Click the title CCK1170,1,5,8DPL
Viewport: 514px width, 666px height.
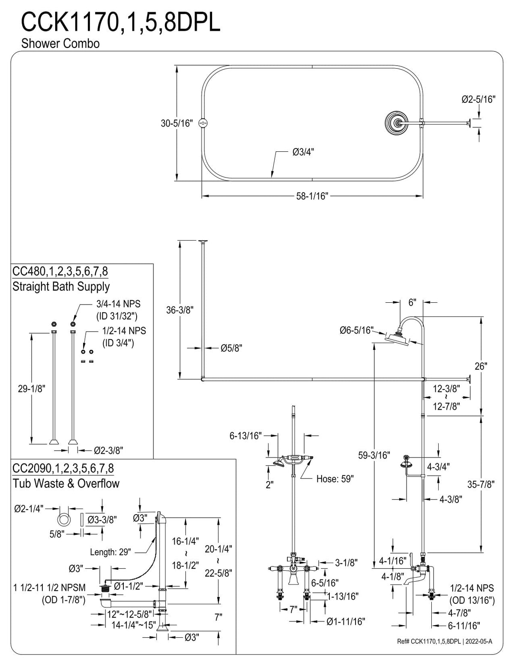click(121, 22)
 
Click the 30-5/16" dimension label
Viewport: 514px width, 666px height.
click(177, 123)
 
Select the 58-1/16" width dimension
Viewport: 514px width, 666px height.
click(312, 196)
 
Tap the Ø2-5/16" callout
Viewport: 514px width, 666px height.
click(478, 99)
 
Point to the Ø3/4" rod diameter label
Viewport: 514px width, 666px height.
click(303, 152)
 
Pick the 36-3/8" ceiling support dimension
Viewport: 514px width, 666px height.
click(180, 310)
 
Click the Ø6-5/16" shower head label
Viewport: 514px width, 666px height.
click(357, 330)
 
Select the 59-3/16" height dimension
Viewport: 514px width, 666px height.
click(374, 455)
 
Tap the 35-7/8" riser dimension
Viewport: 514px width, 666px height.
click(481, 485)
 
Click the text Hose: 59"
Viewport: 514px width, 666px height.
click(335, 479)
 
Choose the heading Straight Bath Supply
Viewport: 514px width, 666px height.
click(61, 286)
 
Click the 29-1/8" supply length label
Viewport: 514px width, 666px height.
click(32, 389)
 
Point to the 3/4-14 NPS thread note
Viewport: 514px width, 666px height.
click(118, 304)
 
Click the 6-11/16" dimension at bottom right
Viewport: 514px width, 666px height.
click(464, 626)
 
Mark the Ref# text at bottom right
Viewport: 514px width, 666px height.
click(445, 642)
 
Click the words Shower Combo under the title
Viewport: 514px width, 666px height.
click(60, 43)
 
